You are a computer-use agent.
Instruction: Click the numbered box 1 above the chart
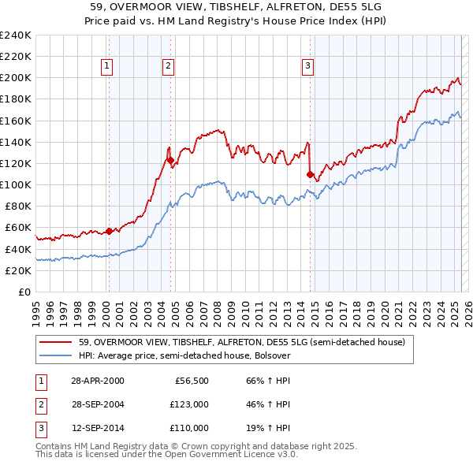pos(106,67)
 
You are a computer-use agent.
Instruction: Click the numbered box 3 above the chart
pos(307,67)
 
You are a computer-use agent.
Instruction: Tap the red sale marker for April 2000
pos(109,231)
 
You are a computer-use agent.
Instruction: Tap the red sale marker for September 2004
pos(170,160)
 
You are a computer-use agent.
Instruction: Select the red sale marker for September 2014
pos(310,174)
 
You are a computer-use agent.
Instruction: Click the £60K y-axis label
pos(17,228)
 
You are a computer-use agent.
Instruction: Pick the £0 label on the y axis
pos(24,292)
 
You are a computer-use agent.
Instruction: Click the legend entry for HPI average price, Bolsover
pos(184,355)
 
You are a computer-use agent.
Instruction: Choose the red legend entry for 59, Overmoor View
pos(241,342)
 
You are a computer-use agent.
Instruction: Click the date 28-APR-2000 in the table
pos(97,381)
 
